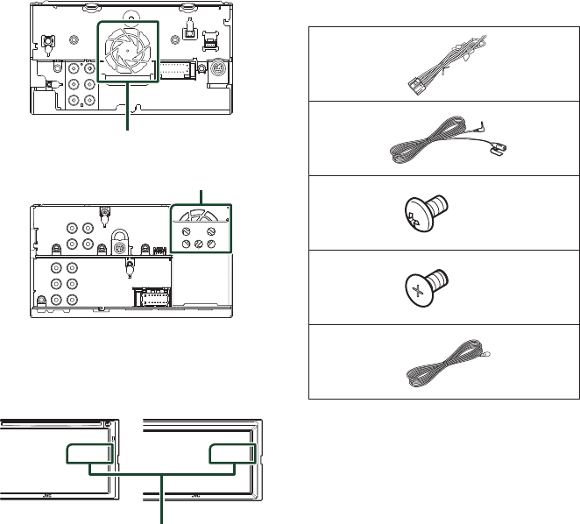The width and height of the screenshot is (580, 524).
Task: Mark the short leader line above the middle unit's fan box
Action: tap(202, 195)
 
